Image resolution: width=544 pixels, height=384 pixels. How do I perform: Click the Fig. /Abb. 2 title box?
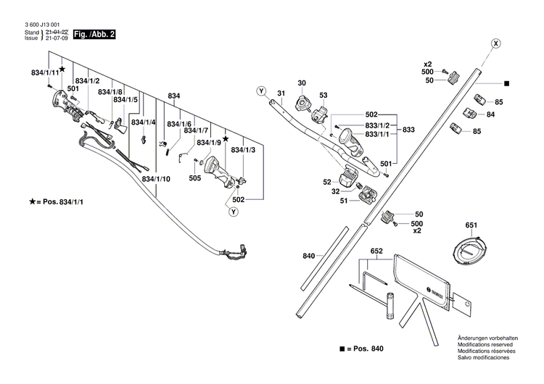click(94, 34)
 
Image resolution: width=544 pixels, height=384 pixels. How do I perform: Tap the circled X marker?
click(496, 43)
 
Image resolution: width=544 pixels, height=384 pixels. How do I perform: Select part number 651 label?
click(471, 225)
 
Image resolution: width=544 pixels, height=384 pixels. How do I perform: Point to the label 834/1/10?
click(156, 179)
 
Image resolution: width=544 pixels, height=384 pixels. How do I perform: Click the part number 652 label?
click(376, 251)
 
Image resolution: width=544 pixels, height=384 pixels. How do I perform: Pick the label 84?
click(490, 114)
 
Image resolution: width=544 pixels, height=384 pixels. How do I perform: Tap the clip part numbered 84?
click(470, 113)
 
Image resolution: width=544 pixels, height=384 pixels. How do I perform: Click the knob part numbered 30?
click(302, 103)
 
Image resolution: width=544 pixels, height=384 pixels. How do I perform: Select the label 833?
click(408, 130)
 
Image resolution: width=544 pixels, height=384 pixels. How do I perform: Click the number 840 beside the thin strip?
click(309, 256)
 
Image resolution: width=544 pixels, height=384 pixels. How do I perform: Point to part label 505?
click(195, 178)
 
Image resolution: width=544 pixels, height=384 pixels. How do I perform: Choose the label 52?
click(327, 182)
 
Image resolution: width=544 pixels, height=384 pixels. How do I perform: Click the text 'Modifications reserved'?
click(485, 344)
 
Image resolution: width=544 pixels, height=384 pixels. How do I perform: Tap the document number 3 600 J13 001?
click(42, 25)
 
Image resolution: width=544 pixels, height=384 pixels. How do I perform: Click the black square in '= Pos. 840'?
click(342, 348)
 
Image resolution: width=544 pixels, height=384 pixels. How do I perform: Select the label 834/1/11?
click(45, 72)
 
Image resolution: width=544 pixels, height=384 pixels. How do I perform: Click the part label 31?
click(281, 93)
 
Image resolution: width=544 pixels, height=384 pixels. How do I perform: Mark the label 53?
click(323, 95)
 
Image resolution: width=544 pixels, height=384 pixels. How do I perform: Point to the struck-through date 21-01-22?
click(57, 32)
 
